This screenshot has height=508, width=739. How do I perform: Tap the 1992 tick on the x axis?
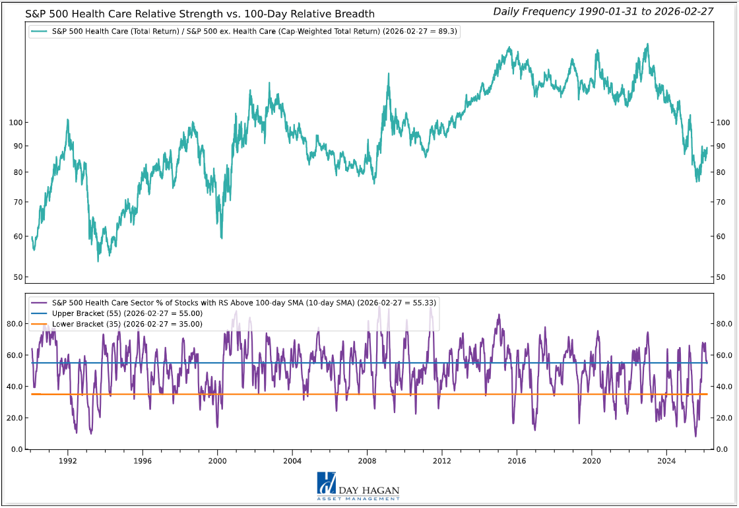67,461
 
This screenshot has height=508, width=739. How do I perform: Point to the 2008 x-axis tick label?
367,461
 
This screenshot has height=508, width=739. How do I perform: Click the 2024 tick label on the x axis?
666,461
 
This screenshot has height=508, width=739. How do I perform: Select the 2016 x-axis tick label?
517,461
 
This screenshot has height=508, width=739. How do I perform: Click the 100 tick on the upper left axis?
16,123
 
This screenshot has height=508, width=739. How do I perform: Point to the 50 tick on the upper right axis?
721,277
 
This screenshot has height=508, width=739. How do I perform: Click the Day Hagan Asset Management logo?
358,487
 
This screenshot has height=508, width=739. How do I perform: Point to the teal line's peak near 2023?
647,44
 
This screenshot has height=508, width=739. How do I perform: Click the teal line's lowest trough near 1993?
98,261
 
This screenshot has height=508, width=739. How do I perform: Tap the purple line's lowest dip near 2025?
695,436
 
